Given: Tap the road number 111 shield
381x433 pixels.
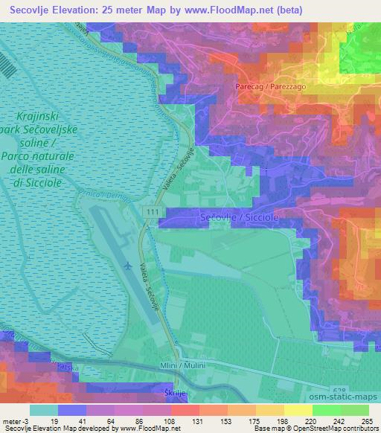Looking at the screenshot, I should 153,213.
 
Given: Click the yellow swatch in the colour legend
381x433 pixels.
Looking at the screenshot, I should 298,409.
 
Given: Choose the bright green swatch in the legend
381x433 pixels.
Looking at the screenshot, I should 325,409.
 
